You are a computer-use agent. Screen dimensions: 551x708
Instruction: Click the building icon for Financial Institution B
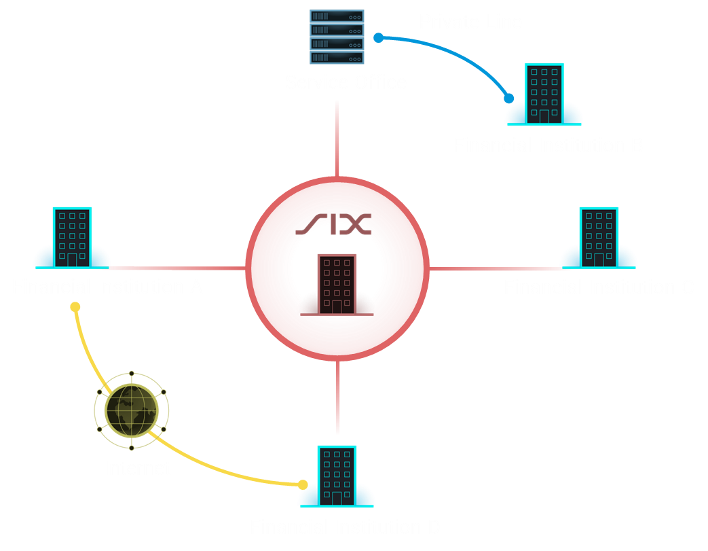click(x=544, y=94)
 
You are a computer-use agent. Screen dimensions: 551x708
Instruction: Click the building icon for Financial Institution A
click(x=72, y=237)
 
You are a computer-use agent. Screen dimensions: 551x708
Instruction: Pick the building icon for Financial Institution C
click(x=598, y=238)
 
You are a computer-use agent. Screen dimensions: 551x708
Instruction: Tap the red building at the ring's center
click(x=337, y=285)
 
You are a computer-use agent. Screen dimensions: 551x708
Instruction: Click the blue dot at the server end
click(x=379, y=38)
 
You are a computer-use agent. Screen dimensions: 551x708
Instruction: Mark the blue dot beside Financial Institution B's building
click(x=509, y=99)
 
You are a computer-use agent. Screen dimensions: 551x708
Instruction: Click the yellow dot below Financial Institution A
click(x=75, y=307)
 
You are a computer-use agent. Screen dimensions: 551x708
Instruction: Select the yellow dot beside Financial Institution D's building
click(x=303, y=485)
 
